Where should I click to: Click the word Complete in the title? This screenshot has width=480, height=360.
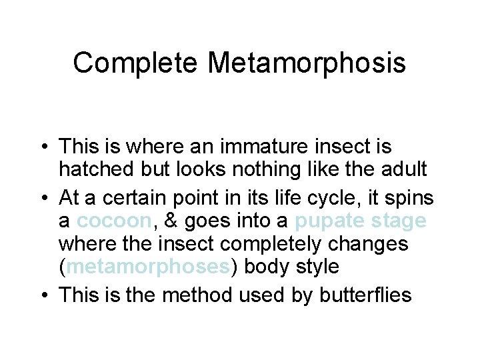tap(135, 63)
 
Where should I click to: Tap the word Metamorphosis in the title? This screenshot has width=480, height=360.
tap(307, 63)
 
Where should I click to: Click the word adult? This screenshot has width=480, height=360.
tap(403, 169)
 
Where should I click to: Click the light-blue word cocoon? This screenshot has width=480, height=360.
tap(113, 221)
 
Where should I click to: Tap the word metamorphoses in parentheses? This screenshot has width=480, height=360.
tap(148, 267)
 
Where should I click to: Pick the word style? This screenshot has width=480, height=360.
tap(313, 267)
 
